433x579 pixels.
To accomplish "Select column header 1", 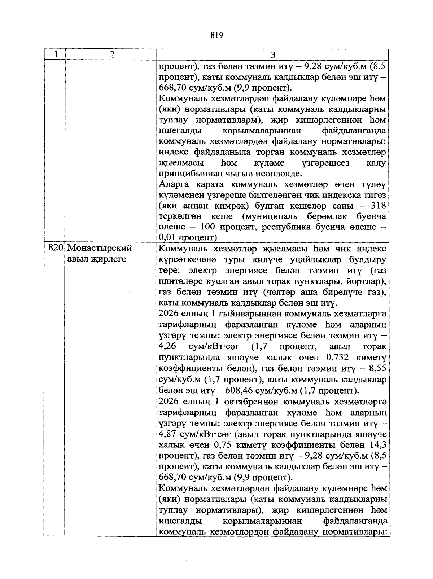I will pyautogui.click(x=56, y=54).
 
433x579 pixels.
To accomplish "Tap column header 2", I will pyautogui.click(x=112, y=54).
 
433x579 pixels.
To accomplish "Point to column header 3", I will pyautogui.click(x=273, y=54).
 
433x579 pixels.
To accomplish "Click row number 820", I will pyautogui.click(x=56, y=248).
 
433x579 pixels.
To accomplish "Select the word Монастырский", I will pyautogui.click(x=99, y=248).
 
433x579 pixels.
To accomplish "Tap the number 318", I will pyautogui.click(x=378, y=205).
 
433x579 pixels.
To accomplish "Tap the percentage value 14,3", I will pyautogui.click(x=378, y=445).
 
